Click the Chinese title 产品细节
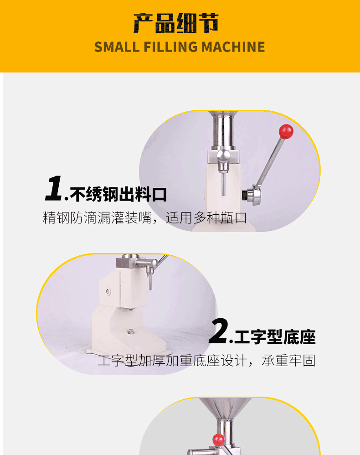(176, 23)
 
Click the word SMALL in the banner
(117, 47)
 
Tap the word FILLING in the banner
(170, 47)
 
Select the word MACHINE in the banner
(233, 47)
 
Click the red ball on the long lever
(286, 132)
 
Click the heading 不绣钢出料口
(118, 194)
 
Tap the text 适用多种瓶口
(206, 218)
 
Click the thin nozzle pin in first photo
(223, 184)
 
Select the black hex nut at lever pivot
(245, 195)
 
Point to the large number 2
(218, 331)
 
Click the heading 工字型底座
(275, 337)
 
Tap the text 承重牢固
(288, 361)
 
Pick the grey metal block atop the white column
(126, 263)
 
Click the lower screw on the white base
(130, 331)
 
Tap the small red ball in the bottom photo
(218, 440)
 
